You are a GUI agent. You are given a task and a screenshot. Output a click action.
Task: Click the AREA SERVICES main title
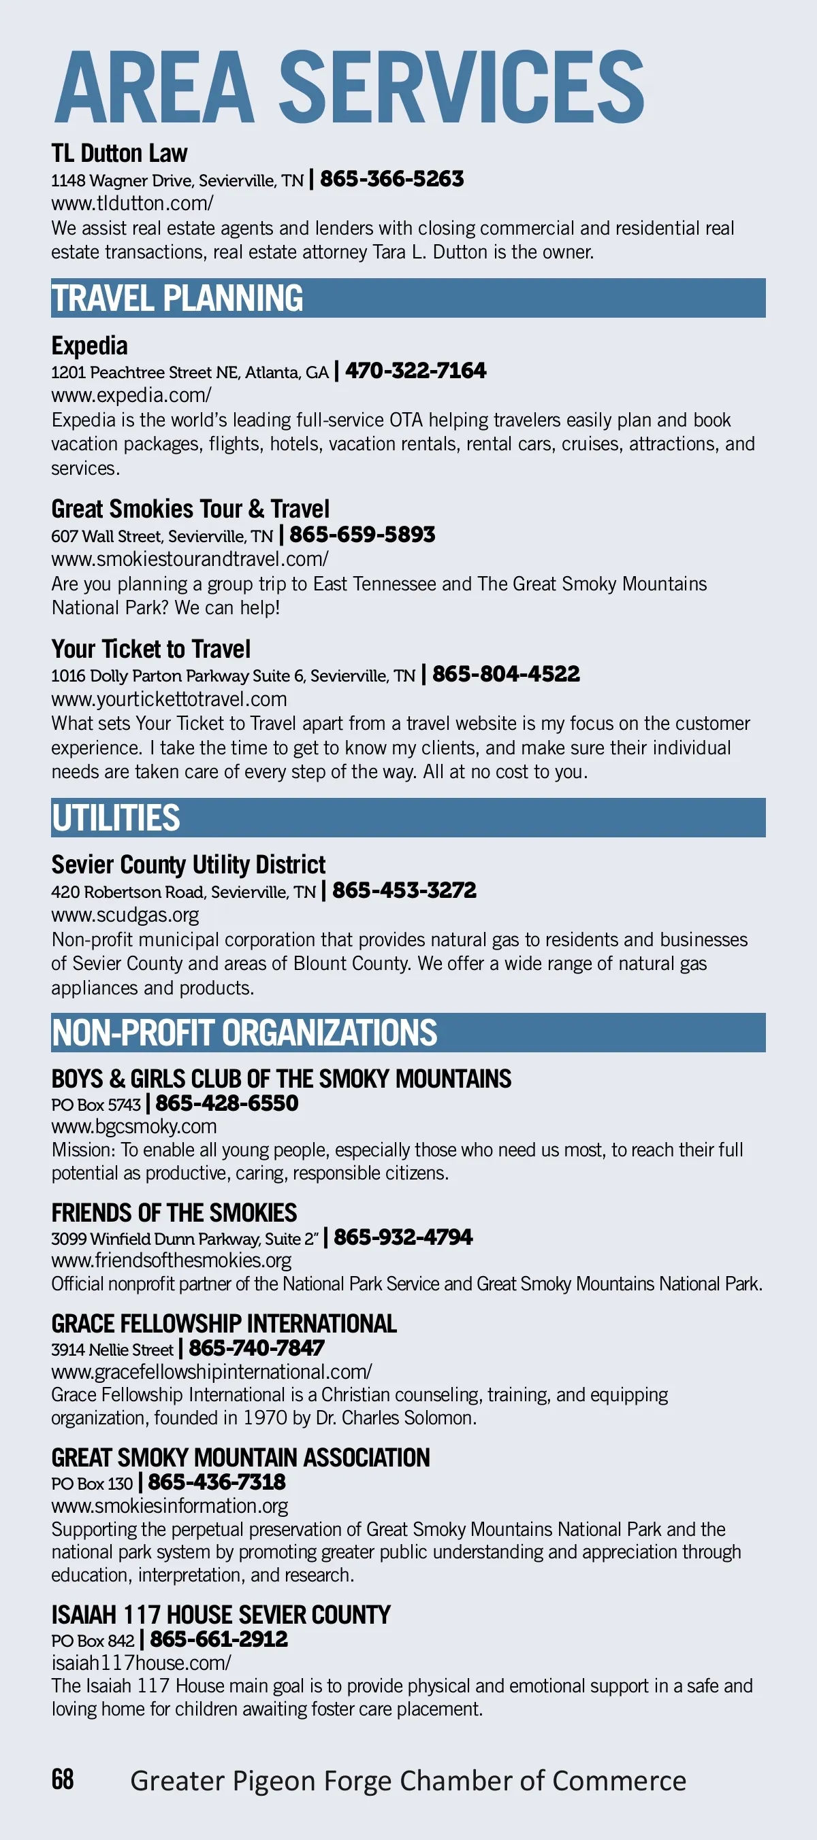point(349,87)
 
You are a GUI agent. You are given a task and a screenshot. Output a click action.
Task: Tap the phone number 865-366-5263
point(391,179)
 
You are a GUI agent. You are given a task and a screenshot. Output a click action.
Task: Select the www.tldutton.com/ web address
point(132,203)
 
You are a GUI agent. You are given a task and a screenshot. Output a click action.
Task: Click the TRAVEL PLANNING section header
point(177,298)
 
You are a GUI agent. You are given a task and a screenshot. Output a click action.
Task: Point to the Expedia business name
point(89,346)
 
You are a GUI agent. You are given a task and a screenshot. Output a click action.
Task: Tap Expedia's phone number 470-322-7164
point(415,370)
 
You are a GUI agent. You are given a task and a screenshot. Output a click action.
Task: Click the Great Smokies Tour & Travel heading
point(190,509)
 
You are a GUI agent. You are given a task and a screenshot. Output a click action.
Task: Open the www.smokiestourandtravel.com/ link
point(189,558)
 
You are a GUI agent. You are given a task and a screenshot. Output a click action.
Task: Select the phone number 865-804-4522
point(505,673)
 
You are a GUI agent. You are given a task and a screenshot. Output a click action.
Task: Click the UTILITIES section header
point(116,818)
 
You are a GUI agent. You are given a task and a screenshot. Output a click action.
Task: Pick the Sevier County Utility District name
point(188,865)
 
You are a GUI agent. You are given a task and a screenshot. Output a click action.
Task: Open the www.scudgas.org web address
point(125,915)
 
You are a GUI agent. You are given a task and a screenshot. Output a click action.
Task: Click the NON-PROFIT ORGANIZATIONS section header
point(244,1033)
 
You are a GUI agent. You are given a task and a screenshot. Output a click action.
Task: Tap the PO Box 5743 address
point(96,1104)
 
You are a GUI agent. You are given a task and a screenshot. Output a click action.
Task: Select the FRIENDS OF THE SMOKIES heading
point(174,1213)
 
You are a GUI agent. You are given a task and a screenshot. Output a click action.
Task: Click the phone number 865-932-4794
point(403,1237)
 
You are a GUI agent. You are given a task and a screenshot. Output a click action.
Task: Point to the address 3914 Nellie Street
point(112,1350)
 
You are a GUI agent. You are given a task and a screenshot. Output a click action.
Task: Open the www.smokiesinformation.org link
point(170,1505)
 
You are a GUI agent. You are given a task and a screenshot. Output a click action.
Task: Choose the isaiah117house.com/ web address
point(141,1662)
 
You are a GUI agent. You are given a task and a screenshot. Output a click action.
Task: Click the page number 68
point(63,1779)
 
